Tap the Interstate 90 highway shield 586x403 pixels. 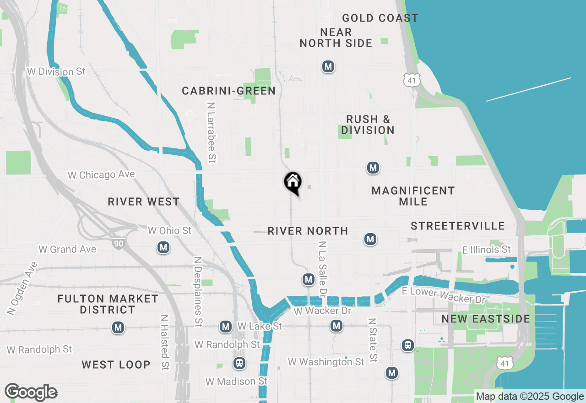119,243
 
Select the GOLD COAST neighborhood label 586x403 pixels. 380,18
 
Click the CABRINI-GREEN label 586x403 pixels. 229,91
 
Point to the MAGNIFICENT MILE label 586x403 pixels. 413,196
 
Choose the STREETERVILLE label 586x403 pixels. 458,226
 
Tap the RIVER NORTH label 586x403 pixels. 308,231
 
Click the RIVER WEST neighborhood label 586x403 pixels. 144,202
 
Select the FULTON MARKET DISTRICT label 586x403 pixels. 108,304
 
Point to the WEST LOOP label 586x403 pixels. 116,365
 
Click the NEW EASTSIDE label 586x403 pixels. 486,319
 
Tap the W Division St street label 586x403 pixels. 56,71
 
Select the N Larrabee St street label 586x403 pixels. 211,132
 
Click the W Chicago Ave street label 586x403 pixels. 101,175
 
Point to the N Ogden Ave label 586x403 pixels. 22,288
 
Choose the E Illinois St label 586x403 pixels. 486,250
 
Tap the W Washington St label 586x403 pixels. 326,362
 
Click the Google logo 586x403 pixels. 31,392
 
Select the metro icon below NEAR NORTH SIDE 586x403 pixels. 328,66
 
